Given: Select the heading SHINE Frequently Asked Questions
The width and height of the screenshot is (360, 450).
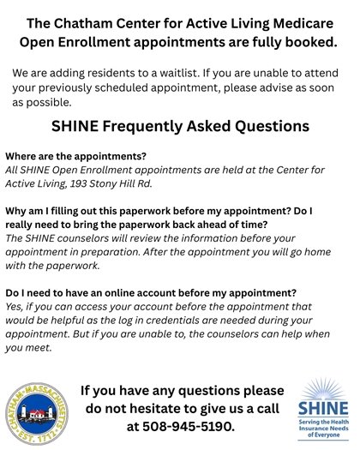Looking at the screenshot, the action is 180,127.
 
